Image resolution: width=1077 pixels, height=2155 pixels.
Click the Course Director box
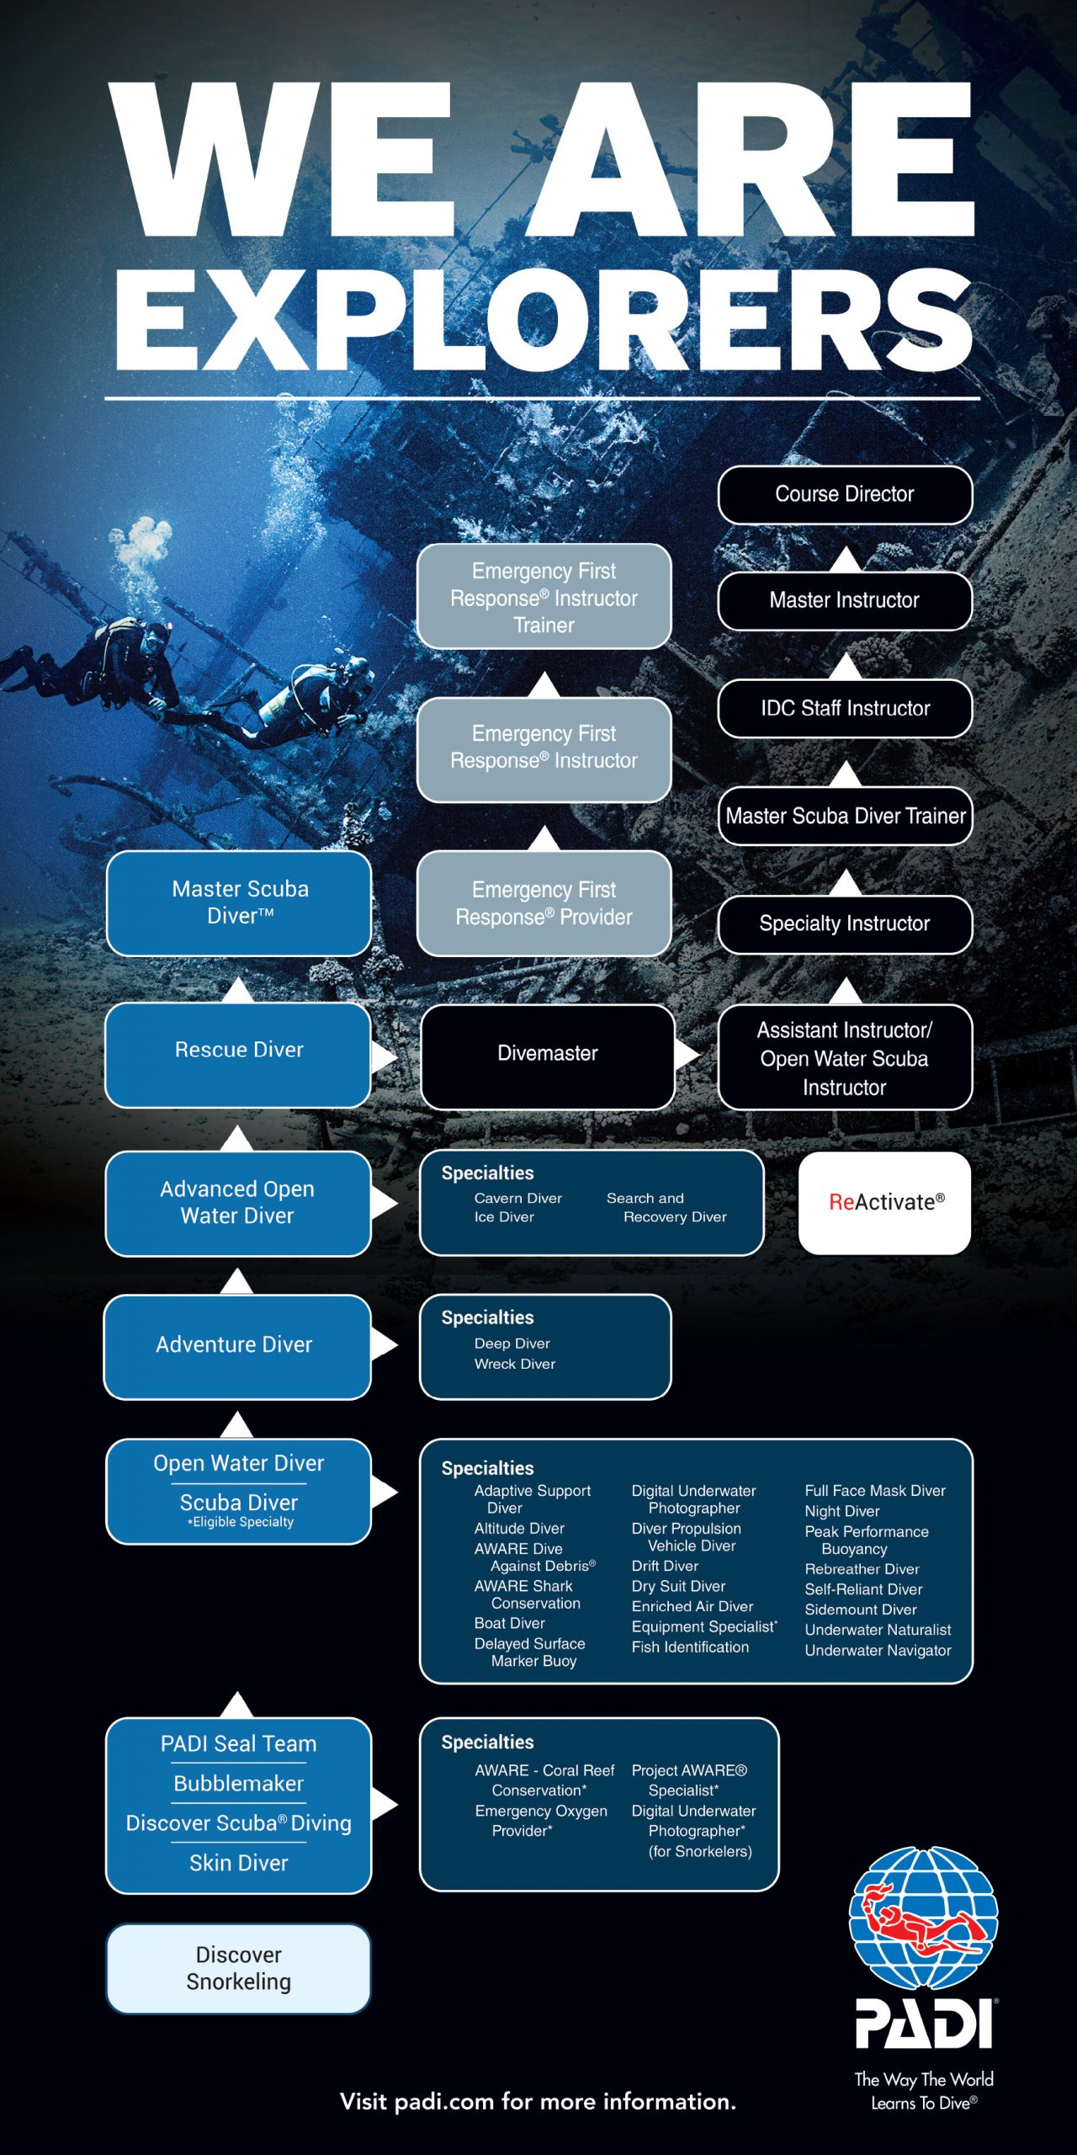(x=845, y=494)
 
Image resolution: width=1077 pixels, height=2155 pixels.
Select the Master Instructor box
(x=845, y=600)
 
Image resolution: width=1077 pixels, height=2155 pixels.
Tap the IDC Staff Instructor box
(x=845, y=708)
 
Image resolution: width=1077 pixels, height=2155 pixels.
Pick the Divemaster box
(x=548, y=1054)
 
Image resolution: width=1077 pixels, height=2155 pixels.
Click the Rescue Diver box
(x=239, y=1051)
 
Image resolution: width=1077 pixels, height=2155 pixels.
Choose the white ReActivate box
(x=885, y=1202)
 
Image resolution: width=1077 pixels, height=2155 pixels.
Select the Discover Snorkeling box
(x=239, y=1968)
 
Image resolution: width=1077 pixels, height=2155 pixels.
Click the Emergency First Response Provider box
(x=544, y=903)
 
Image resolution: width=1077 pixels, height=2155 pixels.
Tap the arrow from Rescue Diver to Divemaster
(x=385, y=1056)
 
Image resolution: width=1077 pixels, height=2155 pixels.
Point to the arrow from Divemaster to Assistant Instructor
(x=687, y=1053)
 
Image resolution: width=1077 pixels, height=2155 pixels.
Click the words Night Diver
(x=842, y=1511)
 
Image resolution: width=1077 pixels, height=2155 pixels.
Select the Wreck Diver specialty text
(x=515, y=1364)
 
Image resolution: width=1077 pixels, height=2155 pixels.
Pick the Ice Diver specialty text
(x=504, y=1217)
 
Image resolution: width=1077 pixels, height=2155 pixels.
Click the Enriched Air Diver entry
(x=692, y=1606)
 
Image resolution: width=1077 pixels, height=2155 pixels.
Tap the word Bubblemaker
(x=239, y=1783)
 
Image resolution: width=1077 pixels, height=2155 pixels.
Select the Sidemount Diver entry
(x=861, y=1610)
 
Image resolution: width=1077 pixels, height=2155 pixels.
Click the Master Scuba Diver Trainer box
(x=845, y=816)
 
